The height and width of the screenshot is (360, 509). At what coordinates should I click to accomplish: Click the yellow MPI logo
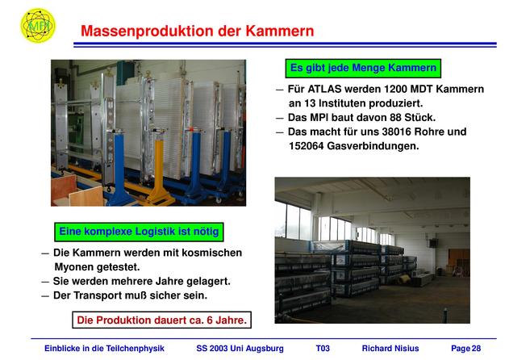click(x=38, y=25)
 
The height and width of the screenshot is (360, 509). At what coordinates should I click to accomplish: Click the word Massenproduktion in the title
click(x=148, y=31)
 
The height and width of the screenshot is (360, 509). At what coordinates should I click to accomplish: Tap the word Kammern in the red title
click(x=279, y=31)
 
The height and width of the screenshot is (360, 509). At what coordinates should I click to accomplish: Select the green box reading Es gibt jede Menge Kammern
click(x=363, y=69)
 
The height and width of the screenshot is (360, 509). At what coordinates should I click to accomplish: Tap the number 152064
click(x=306, y=146)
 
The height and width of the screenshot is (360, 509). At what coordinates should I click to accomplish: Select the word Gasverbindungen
click(x=373, y=146)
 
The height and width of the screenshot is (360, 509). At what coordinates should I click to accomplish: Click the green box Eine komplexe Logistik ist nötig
click(x=139, y=232)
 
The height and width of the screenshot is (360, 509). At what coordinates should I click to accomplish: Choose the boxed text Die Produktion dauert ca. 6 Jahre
click(x=161, y=320)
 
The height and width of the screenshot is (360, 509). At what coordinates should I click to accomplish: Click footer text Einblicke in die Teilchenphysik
click(x=104, y=349)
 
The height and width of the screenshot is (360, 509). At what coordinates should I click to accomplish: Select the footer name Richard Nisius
click(x=390, y=349)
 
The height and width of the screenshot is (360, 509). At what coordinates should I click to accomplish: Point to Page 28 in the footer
click(x=465, y=349)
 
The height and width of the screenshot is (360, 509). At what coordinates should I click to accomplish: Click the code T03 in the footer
click(x=323, y=349)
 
